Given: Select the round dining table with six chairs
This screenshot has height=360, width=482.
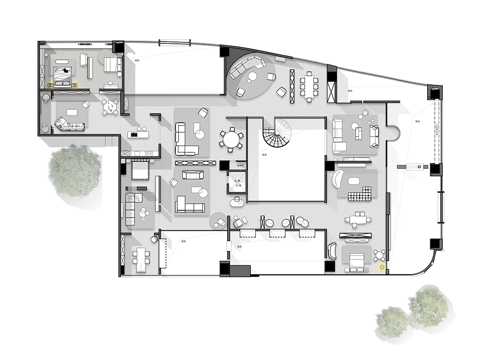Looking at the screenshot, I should (231, 139).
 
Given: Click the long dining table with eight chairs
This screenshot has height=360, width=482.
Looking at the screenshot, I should (309, 84).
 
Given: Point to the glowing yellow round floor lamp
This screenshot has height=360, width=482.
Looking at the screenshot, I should (382, 268).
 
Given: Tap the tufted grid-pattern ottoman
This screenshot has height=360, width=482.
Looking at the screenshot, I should (360, 195).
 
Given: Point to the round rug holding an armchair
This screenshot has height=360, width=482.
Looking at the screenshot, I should (219, 221).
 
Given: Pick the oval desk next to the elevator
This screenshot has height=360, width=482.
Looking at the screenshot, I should (237, 203).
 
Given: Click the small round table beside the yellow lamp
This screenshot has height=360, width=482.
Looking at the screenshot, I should (378, 255).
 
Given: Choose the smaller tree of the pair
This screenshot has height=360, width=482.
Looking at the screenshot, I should (391, 322).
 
